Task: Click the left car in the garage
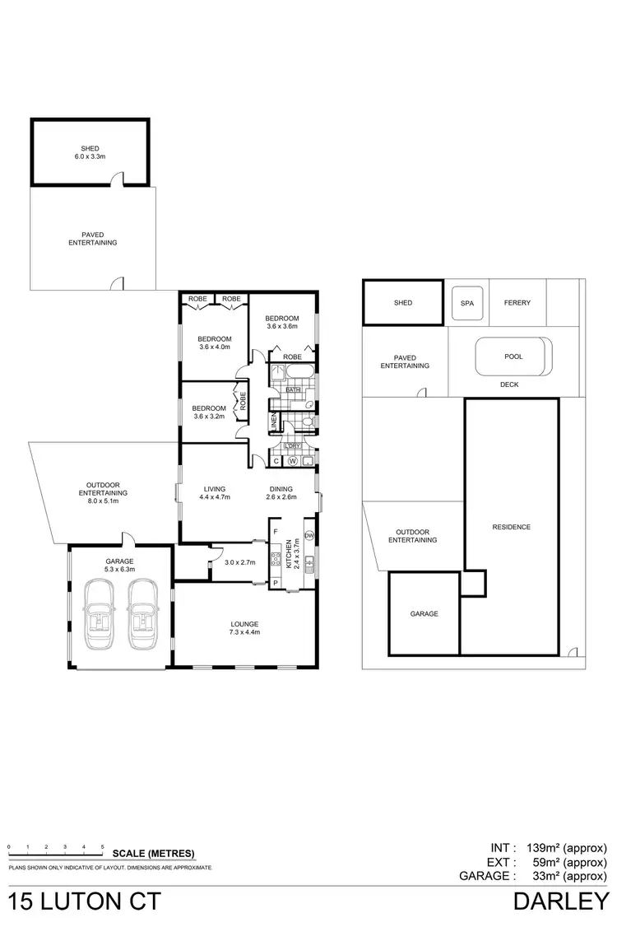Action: (x=99, y=616)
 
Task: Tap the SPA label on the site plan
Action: (x=467, y=303)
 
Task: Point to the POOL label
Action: (x=513, y=356)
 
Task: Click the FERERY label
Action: (x=517, y=303)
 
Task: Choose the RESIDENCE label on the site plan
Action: (x=511, y=527)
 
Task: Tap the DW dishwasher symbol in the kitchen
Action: (x=309, y=536)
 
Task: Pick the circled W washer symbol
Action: (x=291, y=462)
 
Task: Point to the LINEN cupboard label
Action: (x=274, y=422)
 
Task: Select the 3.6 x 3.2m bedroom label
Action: (x=209, y=412)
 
